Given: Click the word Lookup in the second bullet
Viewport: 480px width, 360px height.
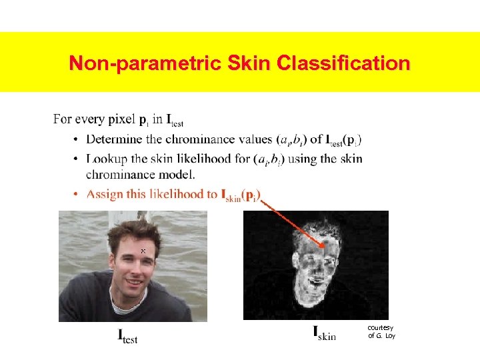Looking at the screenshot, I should coord(106,159).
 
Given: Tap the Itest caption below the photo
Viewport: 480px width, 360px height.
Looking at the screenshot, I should coord(127,337).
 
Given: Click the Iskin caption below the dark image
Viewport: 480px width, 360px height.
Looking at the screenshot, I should coord(324,333).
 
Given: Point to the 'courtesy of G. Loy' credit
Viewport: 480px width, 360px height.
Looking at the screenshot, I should coord(381,331).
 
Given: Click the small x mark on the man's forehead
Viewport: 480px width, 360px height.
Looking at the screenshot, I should coord(143,251).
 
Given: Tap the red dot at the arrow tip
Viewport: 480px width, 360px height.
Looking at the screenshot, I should coord(324,245).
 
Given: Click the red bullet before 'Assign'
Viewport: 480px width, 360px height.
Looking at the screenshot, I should coord(77,195).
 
